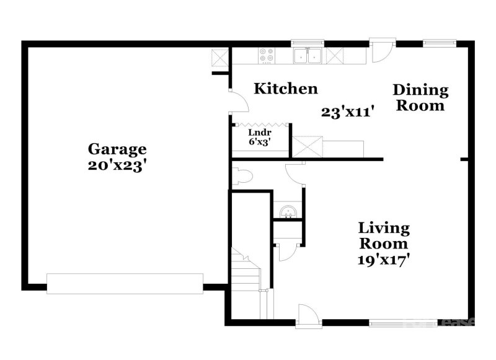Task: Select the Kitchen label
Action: point(286,89)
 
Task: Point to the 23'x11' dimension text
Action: point(347,112)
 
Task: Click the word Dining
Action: point(420,90)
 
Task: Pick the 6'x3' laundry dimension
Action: point(259,141)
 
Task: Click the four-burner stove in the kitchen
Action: point(267,55)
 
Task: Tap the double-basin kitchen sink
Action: point(308,56)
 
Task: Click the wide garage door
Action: point(125,283)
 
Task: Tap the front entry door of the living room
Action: point(308,316)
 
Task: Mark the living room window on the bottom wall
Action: point(396,322)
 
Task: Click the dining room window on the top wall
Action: point(440,43)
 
